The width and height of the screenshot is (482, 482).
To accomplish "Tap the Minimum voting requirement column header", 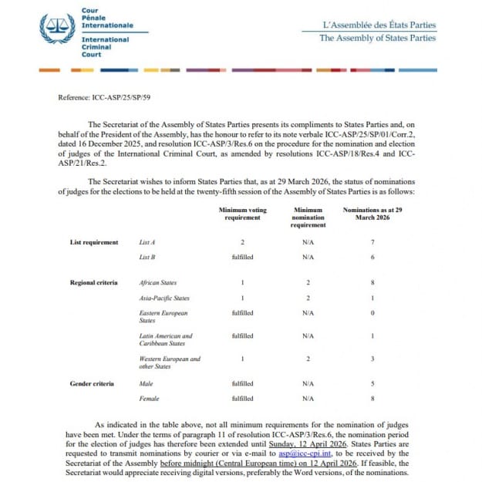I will point(243,213).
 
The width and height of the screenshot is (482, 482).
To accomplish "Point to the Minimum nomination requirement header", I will point(308,217).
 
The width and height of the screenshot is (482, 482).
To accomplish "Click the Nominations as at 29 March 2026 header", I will point(372,213).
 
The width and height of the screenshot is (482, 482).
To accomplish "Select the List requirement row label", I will point(94,242).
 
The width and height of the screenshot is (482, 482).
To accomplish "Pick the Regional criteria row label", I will point(96,283).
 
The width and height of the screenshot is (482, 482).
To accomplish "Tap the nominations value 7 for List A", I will point(373,242).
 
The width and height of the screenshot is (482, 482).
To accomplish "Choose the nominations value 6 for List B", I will point(373,257).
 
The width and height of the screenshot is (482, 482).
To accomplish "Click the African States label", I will point(158,283).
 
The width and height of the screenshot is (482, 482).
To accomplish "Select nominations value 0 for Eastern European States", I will point(373,313).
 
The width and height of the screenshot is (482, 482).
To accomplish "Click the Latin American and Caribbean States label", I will point(166,340).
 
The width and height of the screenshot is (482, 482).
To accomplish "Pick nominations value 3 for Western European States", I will point(373,359).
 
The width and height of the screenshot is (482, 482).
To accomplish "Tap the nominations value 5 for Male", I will point(373,383).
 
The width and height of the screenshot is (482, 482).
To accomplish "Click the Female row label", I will point(149,399).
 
